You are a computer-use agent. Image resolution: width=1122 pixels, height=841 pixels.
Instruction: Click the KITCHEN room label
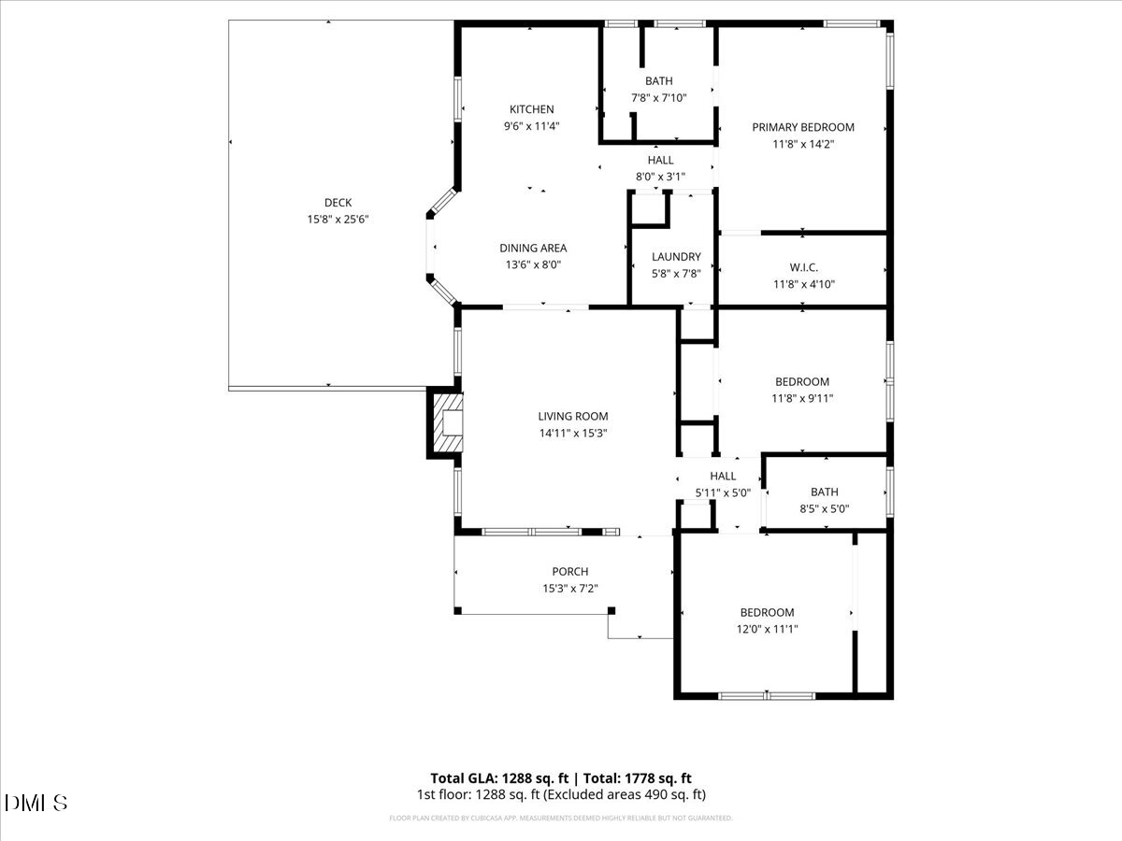coord(531,109)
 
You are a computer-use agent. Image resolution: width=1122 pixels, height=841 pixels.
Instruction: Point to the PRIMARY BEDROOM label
coord(803,127)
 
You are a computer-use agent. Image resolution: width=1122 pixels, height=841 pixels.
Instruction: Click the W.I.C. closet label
coord(802,267)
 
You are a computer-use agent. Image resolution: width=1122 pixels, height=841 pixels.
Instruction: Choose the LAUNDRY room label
coord(676,257)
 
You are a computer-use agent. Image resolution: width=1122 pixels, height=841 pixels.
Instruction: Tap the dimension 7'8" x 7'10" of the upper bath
coord(658,98)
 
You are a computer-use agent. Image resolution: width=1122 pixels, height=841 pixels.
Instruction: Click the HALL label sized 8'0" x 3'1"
coord(660,160)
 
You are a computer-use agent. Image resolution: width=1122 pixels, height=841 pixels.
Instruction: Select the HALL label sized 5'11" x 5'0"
coord(723,476)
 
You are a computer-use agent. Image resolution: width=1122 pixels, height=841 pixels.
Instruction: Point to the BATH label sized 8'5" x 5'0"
coord(825,492)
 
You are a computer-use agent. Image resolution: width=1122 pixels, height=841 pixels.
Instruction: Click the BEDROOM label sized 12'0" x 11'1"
coord(767,612)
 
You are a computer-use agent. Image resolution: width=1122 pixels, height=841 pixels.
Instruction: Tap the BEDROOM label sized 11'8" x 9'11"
coord(802,381)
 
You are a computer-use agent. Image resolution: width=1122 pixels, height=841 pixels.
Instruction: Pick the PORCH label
coord(570,572)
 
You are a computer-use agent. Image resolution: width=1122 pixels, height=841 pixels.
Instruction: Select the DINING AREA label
coord(533,248)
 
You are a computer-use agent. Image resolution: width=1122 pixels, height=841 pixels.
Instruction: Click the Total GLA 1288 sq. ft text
coord(498,777)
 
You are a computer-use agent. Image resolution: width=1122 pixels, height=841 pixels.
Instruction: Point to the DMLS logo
coord(36,803)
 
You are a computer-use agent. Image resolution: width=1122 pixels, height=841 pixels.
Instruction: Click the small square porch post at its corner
coord(611,610)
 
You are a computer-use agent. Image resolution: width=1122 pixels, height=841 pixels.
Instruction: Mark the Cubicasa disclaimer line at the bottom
coord(561,818)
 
